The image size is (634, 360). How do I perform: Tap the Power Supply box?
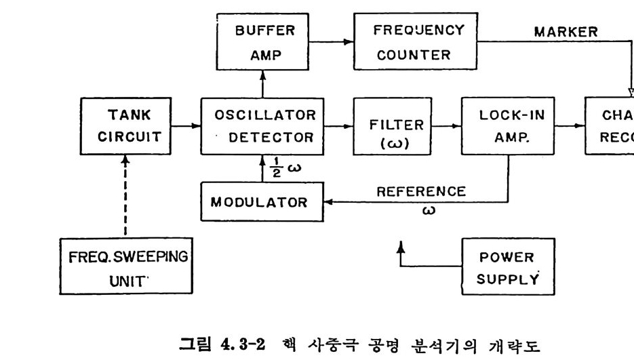click(x=507, y=268)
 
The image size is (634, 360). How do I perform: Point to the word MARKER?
click(x=566, y=32)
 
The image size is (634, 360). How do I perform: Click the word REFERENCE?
click(x=422, y=191)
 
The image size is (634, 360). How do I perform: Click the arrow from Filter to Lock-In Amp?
click(x=445, y=126)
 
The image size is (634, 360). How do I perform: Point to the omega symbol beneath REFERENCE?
click(x=429, y=209)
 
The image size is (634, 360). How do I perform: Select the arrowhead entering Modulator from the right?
click(x=326, y=201)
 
